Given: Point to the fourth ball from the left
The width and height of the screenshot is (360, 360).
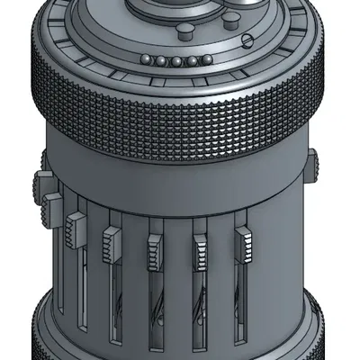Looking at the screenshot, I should (x=193, y=61).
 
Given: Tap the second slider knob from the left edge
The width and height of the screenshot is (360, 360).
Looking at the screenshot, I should (x=52, y=205).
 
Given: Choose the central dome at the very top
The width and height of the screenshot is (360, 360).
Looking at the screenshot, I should (x=180, y=7).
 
